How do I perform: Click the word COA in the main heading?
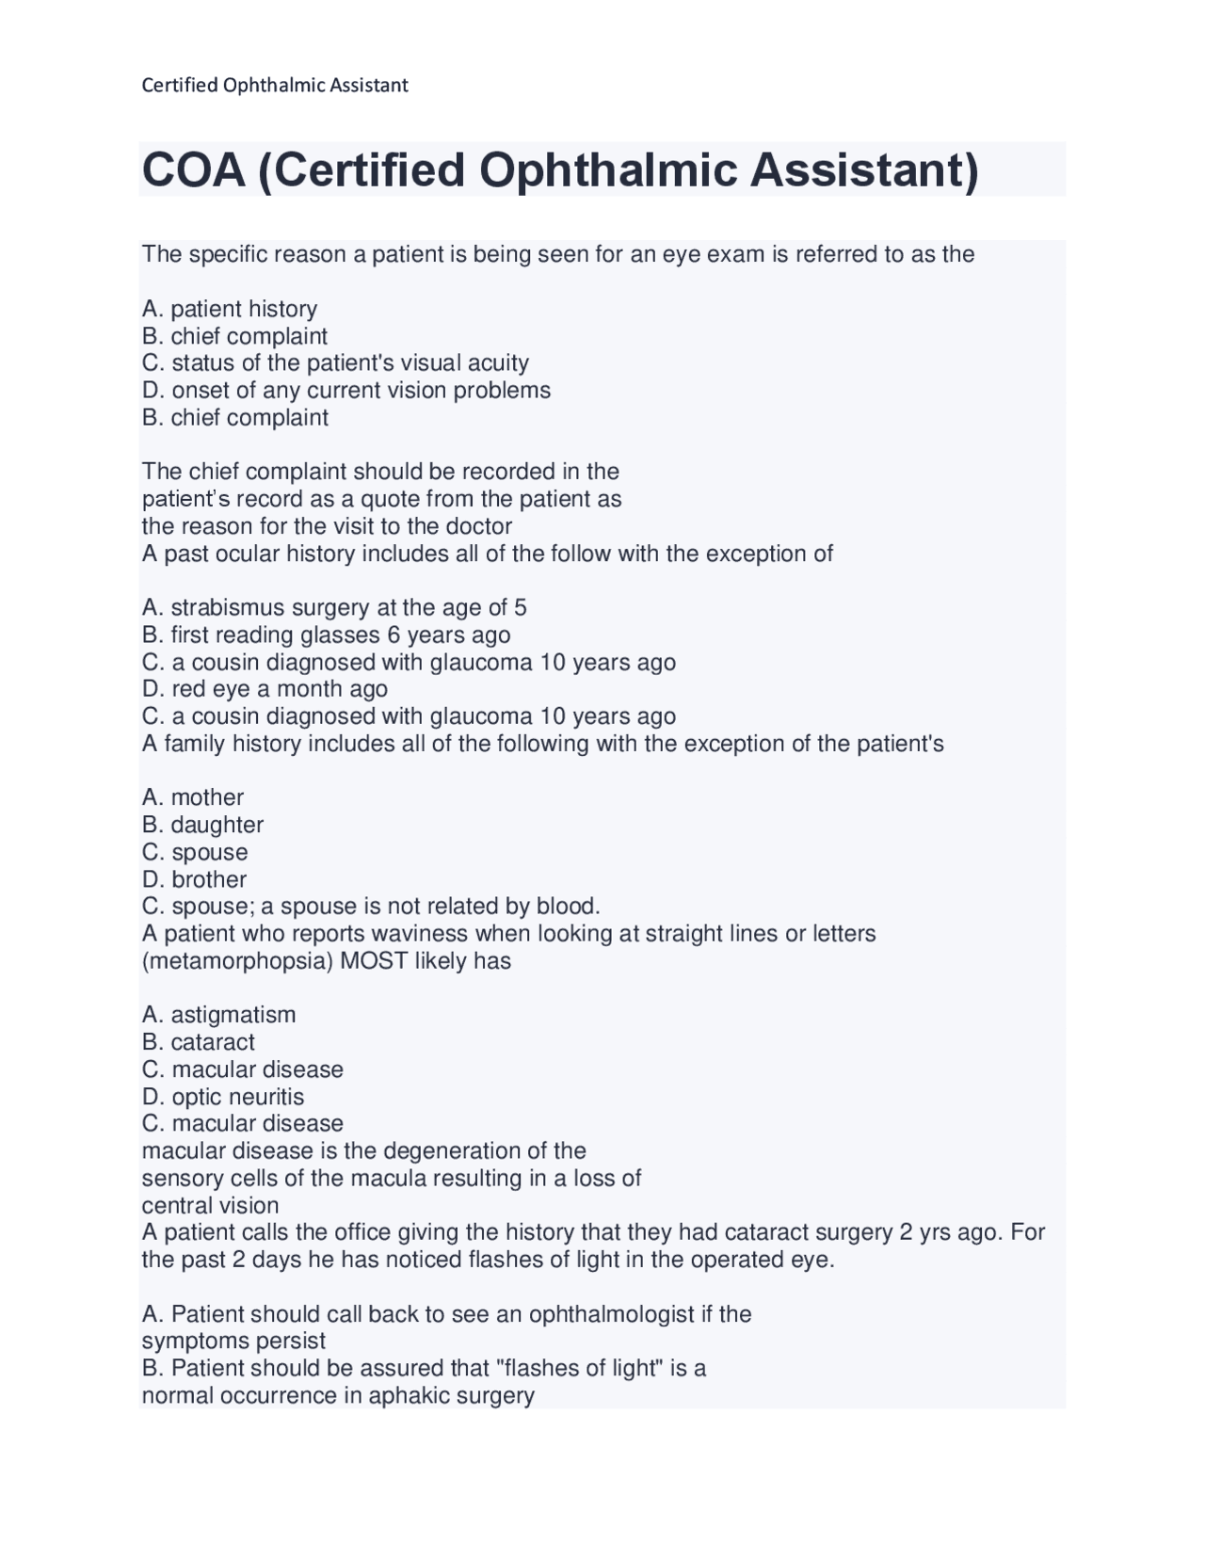click(194, 170)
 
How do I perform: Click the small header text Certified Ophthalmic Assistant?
click(274, 86)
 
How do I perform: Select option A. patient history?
click(230, 309)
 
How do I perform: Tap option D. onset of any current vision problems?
click(345, 390)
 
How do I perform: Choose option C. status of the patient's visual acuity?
click(335, 362)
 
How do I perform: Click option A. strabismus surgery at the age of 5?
click(334, 607)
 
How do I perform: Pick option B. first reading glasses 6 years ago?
click(326, 635)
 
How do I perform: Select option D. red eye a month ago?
click(265, 689)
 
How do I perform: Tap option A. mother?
click(193, 797)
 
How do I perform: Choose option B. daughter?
click(202, 825)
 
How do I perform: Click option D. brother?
click(194, 879)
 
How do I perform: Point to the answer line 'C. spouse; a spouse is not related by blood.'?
click(371, 907)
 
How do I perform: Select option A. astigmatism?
click(218, 1015)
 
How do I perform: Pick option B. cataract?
click(198, 1042)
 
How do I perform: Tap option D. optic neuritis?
click(223, 1097)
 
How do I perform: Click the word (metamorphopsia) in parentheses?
click(236, 961)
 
